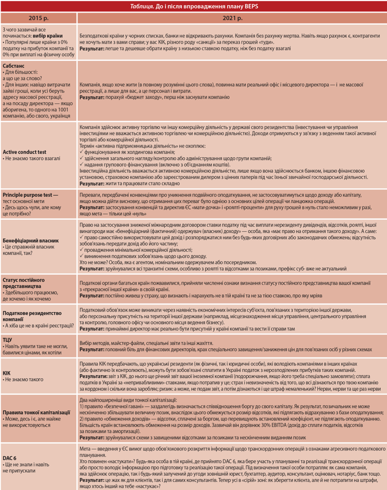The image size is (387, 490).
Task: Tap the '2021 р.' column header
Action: tap(231, 17)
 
